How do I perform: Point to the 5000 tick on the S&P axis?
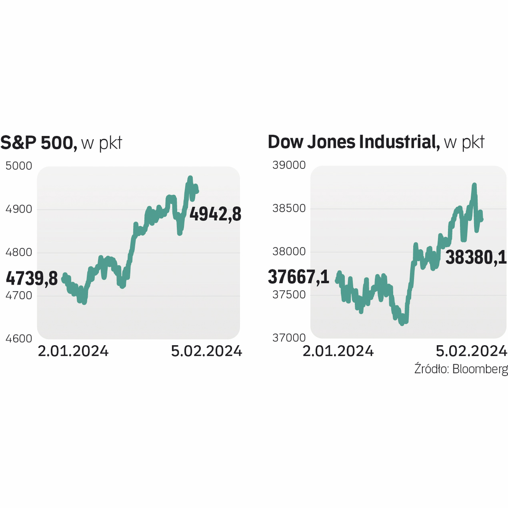tap(19, 166)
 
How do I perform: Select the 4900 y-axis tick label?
tap(19, 209)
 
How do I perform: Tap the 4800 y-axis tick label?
tap(19, 253)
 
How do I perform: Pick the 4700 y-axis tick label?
tap(19, 296)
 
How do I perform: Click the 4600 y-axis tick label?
tap(19, 339)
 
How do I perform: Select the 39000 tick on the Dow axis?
tap(289, 166)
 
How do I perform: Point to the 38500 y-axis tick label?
tap(289, 209)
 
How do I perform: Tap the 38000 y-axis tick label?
tap(289, 252)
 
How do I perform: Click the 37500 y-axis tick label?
tap(289, 295)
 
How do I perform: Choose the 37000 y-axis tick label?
tap(289, 338)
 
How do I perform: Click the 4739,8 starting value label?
tap(32, 278)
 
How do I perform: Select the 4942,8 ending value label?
tap(215, 214)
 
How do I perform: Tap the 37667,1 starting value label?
tap(298, 277)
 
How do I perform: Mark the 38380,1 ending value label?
tap(476, 257)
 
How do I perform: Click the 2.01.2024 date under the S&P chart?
tap(73, 351)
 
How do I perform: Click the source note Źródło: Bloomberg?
tap(461, 369)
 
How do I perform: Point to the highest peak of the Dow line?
tap(474, 185)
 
